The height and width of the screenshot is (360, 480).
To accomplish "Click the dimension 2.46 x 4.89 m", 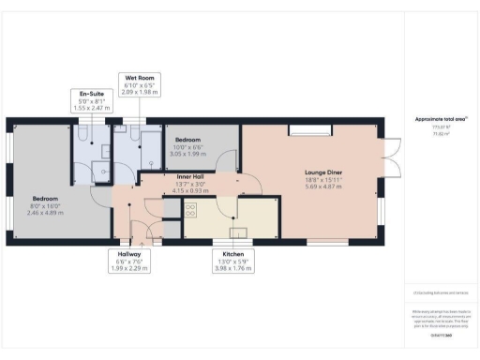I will [x=46, y=213].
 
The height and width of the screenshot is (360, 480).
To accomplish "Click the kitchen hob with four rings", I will [x=190, y=210].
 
